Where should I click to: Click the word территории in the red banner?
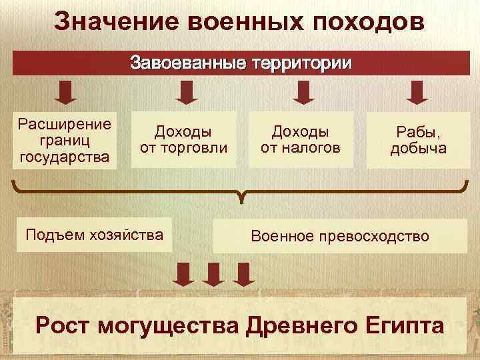[299, 64]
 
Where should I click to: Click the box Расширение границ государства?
[65, 140]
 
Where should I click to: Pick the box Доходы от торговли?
[183, 139]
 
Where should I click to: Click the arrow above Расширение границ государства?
[65, 92]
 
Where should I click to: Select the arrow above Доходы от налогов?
[303, 92]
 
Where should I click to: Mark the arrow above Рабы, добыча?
[418, 92]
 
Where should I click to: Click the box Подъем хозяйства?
[93, 234]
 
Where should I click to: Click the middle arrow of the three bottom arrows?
[213, 274]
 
